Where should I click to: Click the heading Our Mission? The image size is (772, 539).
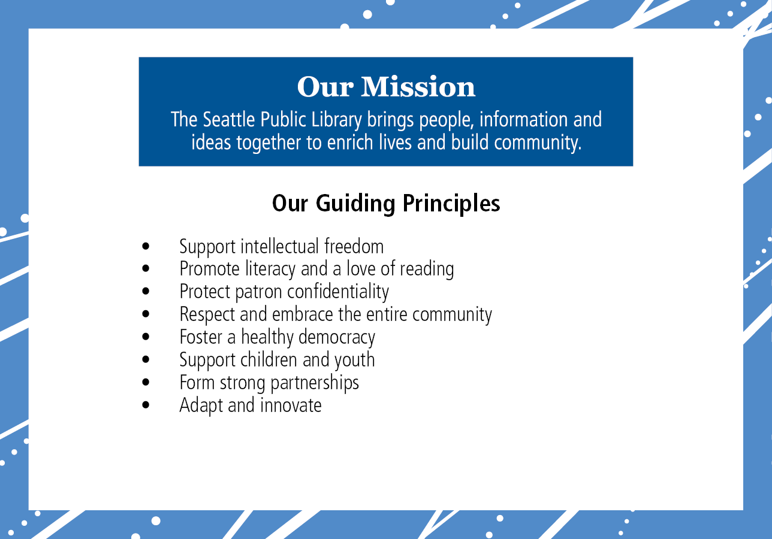386,87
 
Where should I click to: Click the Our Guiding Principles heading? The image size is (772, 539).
386,204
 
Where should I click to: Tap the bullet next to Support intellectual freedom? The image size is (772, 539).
146,246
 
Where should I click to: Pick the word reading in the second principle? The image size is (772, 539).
427,269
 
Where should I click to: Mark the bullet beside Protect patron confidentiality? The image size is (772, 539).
146,292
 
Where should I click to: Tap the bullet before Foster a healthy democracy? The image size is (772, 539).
146,337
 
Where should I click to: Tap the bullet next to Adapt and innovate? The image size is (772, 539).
146,405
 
